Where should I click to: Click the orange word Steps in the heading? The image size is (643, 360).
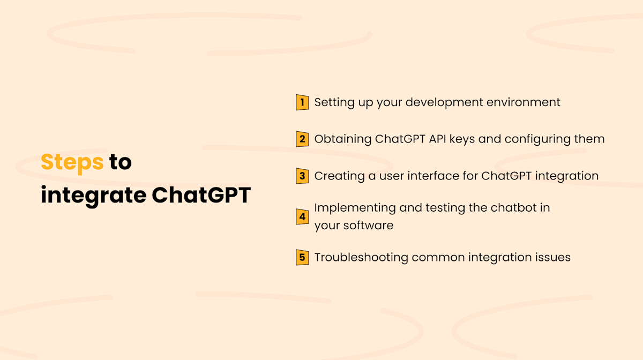[x=72, y=162]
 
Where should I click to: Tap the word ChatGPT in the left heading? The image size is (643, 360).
[x=201, y=196]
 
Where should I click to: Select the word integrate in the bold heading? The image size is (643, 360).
[x=94, y=196]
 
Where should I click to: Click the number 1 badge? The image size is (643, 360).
[x=302, y=102]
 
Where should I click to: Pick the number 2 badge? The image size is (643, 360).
[x=302, y=139]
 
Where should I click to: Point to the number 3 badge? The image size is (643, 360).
[x=302, y=176]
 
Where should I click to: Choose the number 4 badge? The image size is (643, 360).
[x=302, y=216]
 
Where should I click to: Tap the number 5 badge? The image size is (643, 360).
[x=302, y=258]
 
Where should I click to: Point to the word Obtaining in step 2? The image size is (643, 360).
[x=343, y=139]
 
